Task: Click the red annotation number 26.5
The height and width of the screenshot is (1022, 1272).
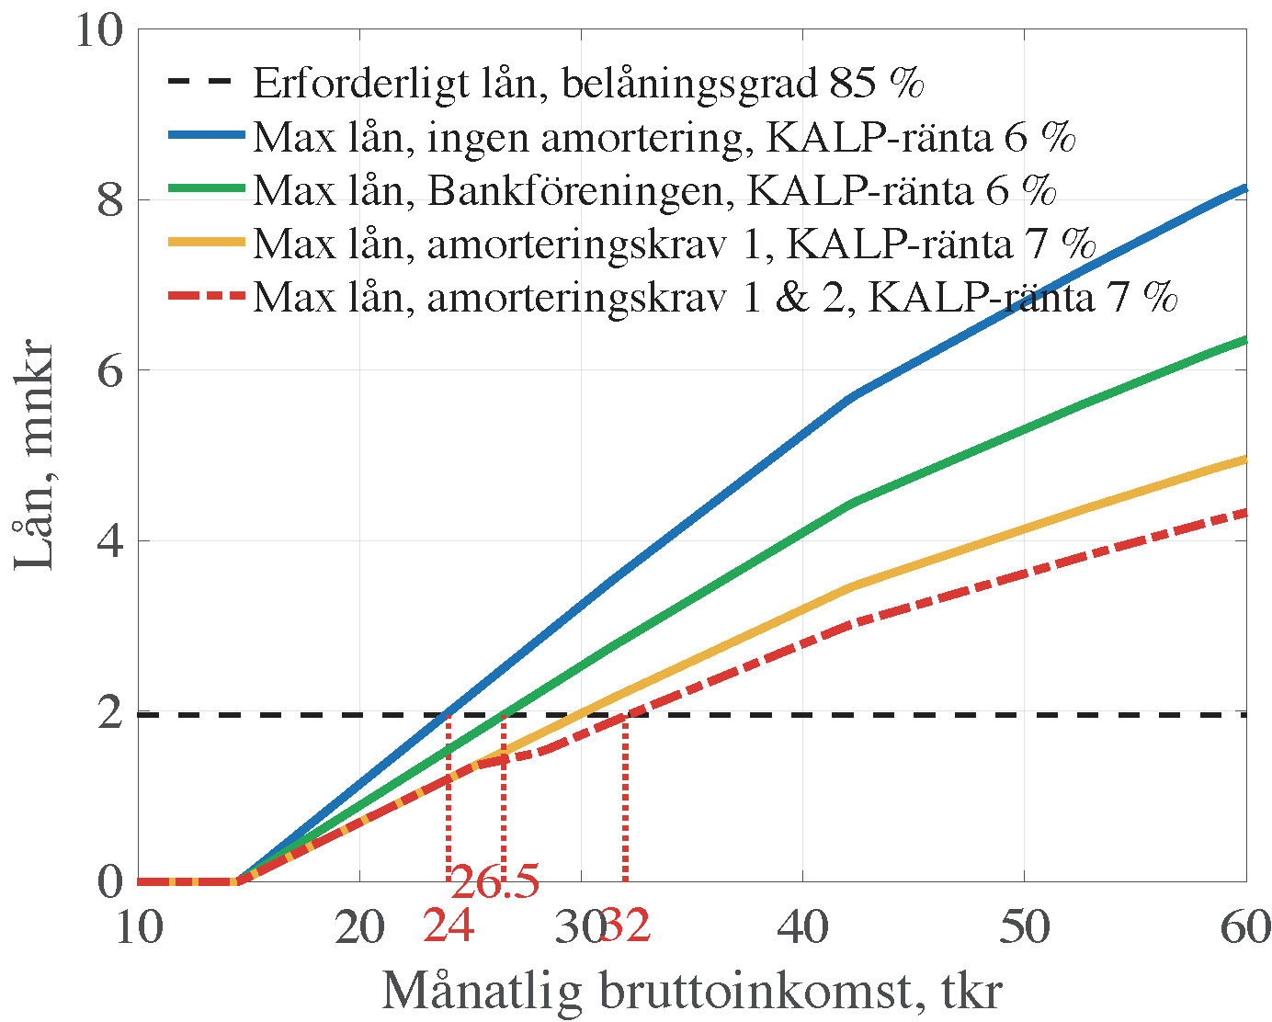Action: click(494, 883)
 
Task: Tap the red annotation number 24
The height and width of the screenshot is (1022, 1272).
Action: click(449, 926)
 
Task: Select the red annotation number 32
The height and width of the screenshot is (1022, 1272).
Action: click(626, 926)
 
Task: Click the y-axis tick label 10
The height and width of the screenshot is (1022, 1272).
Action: click(98, 30)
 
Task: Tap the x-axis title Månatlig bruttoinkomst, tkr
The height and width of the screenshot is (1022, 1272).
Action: click(691, 991)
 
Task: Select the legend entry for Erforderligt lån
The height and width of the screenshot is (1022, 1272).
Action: click(588, 83)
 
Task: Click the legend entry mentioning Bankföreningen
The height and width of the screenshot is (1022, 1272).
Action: click(654, 190)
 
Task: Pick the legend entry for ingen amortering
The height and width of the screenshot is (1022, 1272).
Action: click(664, 137)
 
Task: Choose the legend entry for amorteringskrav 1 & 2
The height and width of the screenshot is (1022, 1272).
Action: click(715, 297)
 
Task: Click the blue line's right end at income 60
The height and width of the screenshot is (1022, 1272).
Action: click(1244, 188)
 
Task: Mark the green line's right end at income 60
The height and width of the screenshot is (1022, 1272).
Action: click(1244, 340)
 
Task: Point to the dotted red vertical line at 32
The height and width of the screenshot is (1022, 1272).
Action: click(626, 800)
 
